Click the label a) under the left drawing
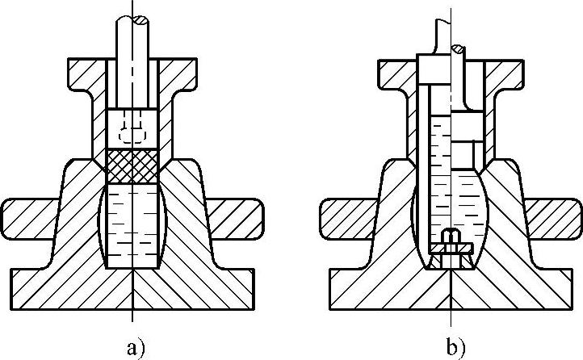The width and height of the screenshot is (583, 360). tap(135, 348)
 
